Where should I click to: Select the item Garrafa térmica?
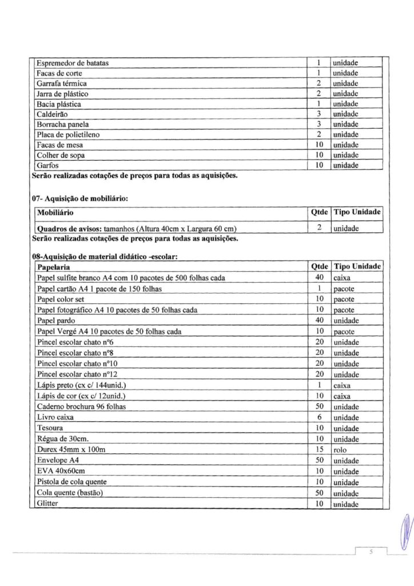(x=61, y=83)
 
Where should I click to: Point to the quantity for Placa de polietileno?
(x=320, y=134)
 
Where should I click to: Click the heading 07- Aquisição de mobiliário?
(x=79, y=197)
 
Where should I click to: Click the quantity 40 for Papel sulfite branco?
(x=320, y=278)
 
